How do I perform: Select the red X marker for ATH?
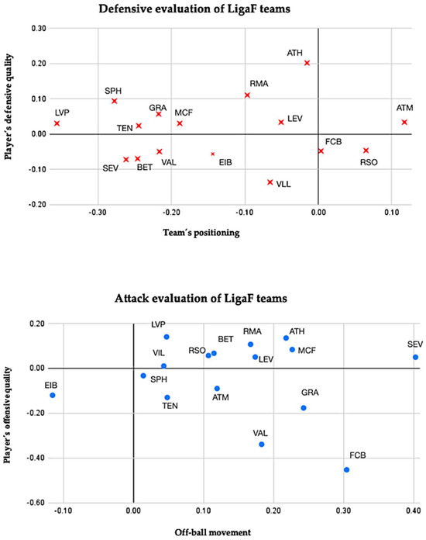tap(307, 63)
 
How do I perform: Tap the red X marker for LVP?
tap(57, 123)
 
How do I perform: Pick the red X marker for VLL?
tap(270, 182)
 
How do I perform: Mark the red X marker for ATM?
tap(404, 122)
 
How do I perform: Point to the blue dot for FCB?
tap(346, 469)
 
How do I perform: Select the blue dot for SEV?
tap(415, 358)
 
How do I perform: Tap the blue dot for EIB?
tap(53, 395)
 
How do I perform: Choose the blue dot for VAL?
tap(262, 445)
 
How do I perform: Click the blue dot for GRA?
tap(304, 407)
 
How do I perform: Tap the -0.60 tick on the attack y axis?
tap(35, 503)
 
